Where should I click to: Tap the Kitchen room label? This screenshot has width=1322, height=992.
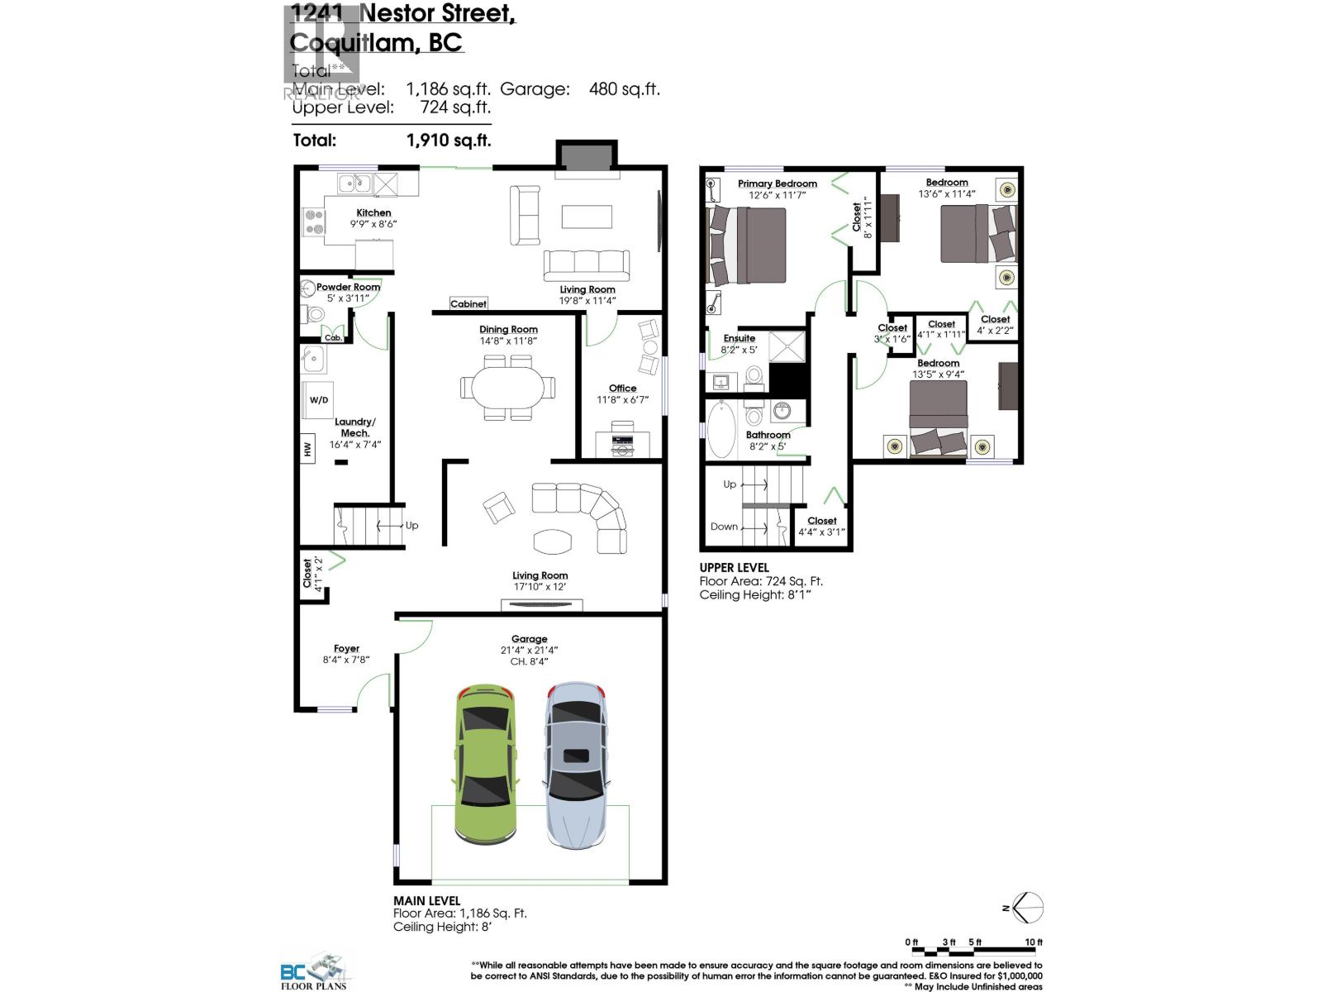(x=373, y=212)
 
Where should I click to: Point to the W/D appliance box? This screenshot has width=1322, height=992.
(x=319, y=400)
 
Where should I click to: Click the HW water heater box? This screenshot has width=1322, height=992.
(x=307, y=449)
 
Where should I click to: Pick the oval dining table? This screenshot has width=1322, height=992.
(x=508, y=388)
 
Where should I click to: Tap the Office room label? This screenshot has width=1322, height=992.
(x=622, y=388)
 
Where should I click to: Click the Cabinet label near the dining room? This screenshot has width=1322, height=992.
(x=468, y=304)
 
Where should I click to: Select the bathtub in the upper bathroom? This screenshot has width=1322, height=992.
(x=720, y=430)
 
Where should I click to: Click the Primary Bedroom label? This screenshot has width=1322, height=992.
(x=778, y=184)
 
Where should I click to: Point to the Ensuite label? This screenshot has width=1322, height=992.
(x=739, y=338)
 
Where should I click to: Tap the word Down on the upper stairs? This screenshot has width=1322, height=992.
(x=724, y=527)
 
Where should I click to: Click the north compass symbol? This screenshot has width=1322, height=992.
(x=1027, y=908)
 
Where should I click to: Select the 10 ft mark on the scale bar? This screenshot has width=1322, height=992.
(x=1033, y=942)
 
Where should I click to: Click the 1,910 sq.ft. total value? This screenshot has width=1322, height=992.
(x=449, y=141)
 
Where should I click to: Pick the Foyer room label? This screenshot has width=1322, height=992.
(x=346, y=649)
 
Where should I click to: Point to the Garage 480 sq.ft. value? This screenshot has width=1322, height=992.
(x=624, y=89)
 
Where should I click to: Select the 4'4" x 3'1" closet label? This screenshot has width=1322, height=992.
(x=821, y=532)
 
